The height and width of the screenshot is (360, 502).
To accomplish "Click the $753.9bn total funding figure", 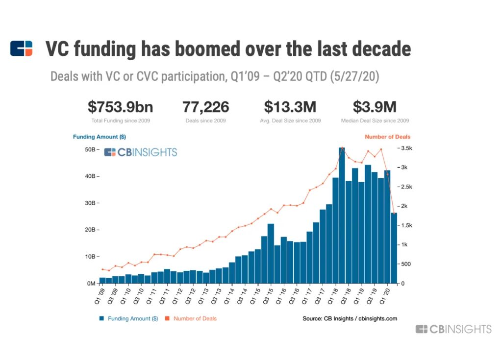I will (121, 107).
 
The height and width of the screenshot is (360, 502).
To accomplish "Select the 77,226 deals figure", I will (206, 107).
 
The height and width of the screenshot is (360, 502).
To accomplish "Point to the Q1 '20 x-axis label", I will (386, 295).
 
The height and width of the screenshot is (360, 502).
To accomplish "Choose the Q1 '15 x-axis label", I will (256, 295).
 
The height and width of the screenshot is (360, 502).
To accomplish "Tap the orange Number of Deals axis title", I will (387, 137).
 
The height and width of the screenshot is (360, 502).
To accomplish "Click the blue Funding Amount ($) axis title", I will (96, 137).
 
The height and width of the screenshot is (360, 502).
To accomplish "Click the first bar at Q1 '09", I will (102, 280).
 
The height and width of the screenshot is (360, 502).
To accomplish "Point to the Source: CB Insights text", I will (350, 318).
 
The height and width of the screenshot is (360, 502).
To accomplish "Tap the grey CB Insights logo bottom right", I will (453, 329).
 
